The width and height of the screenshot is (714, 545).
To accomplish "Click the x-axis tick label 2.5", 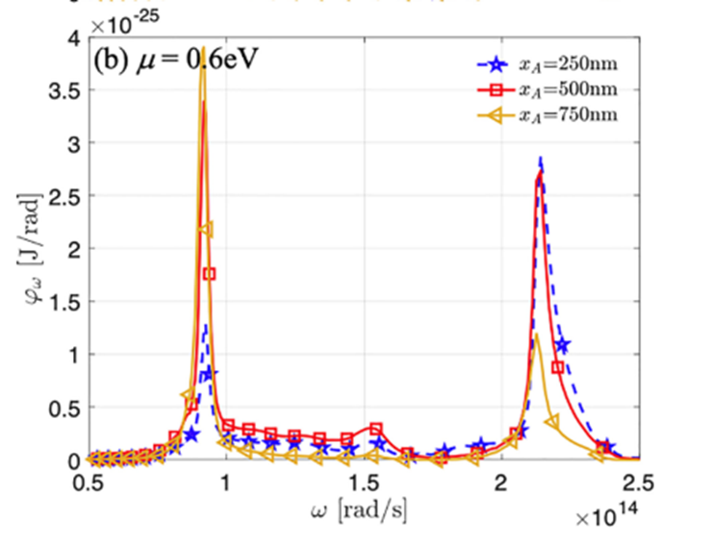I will point(638,482).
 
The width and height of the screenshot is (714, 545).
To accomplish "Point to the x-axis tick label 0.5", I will point(89,482).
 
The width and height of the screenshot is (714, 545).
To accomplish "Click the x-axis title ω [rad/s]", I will point(365,509).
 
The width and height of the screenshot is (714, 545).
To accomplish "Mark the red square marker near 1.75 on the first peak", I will point(211,274).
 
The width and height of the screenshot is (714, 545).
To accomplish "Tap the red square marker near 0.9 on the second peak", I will point(557,366).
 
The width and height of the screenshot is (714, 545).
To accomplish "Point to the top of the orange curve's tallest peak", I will point(203,73).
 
